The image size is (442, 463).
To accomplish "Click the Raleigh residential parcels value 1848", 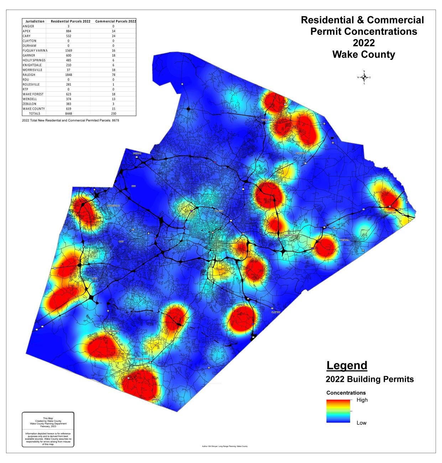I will pyautogui.click(x=68, y=75).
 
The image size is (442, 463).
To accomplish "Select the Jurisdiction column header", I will pyautogui.click(x=35, y=21).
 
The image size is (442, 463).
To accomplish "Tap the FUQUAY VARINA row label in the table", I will pyautogui.click(x=35, y=51).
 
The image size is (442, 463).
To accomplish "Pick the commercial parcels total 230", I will pyautogui.click(x=114, y=113).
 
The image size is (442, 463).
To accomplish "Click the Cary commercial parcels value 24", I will pyautogui.click(x=114, y=36).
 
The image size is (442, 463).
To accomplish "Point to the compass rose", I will pyautogui.click(x=364, y=77).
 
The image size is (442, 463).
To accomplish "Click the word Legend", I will pyautogui.click(x=347, y=365).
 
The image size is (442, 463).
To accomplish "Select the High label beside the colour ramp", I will pyautogui.click(x=362, y=400).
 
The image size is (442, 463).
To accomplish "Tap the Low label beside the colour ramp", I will pyautogui.click(x=362, y=423).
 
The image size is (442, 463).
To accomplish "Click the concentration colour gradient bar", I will pyautogui.click(x=338, y=411).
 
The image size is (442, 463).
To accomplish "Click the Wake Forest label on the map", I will pyautogui.click(x=269, y=120).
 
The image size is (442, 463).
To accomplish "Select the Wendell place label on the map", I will pyautogui.click(x=345, y=240).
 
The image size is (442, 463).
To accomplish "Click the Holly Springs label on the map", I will pyautogui.click(x=110, y=331).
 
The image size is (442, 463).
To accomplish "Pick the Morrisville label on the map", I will pyautogui.click(x=113, y=206).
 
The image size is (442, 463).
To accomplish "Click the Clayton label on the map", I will pyautogui.click(x=276, y=312).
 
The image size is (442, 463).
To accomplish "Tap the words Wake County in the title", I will pyautogui.click(x=363, y=54).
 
